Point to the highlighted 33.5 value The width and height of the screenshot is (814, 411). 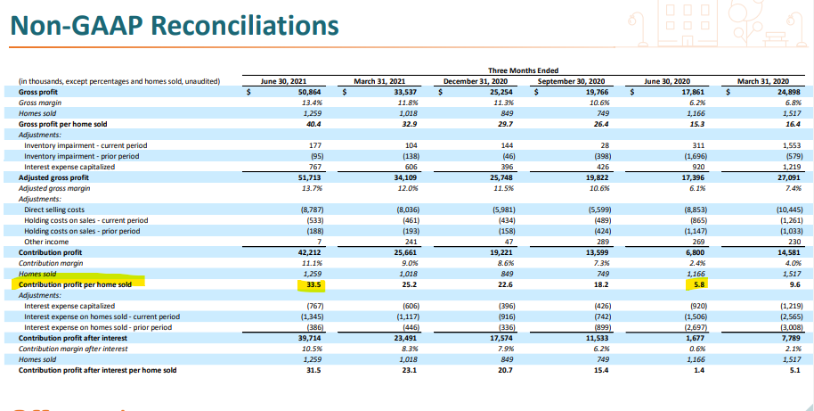(311, 286)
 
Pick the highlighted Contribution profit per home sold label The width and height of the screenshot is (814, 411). (75, 286)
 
